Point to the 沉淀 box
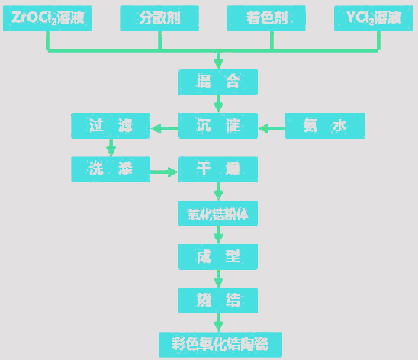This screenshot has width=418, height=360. [218, 126]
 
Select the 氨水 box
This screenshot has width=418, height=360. [324, 126]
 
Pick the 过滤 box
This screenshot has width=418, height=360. [111, 126]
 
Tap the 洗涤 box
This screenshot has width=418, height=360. [111, 169]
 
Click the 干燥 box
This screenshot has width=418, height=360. [218, 169]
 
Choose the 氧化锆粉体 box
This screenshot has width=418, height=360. [218, 214]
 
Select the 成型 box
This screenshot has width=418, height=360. [218, 256]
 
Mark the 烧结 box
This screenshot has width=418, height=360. [218, 300]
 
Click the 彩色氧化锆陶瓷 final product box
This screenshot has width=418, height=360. [218, 343]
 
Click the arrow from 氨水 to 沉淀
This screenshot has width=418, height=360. [272, 127]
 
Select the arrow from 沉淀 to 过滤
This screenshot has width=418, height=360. [164, 127]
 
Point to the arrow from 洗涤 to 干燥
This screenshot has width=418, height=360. [164, 171]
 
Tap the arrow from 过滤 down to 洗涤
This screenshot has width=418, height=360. [111, 147]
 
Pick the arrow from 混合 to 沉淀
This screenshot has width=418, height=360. [219, 103]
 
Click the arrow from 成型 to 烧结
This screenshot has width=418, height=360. [219, 278]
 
